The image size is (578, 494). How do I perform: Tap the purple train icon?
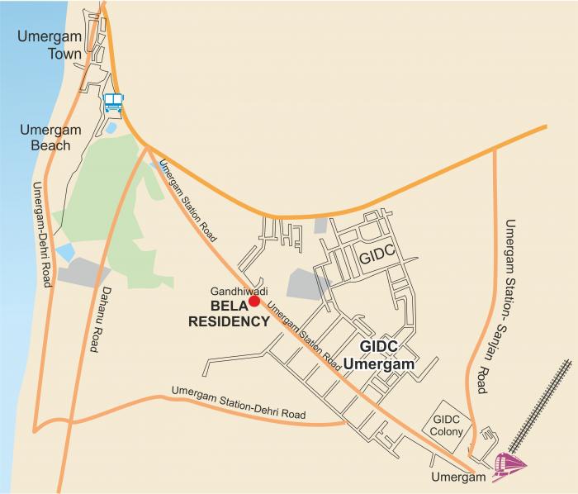509,468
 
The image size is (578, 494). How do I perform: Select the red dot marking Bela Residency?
255,302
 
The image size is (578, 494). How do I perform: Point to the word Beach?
50,145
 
